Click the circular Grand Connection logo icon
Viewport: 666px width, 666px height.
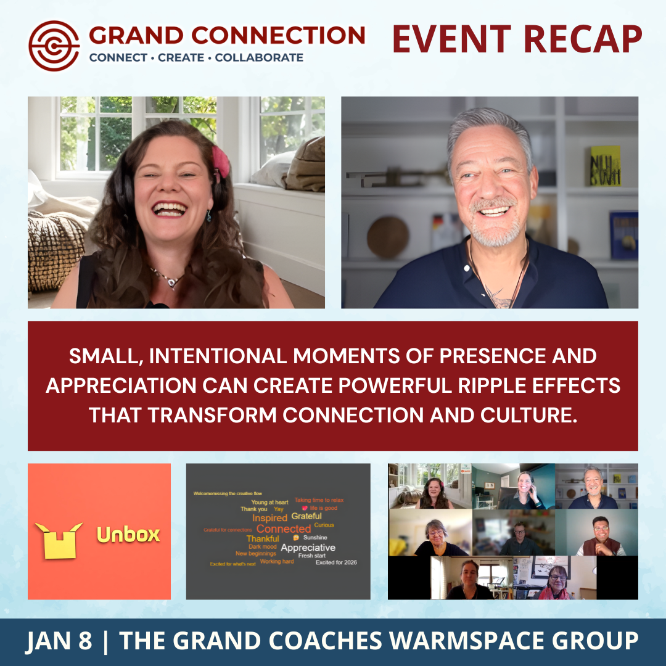pyautogui.click(x=54, y=45)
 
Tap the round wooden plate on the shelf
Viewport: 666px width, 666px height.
pyautogui.click(x=388, y=237)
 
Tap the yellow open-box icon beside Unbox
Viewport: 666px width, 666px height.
pyautogui.click(x=59, y=539)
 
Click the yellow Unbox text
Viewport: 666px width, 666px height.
pyautogui.click(x=128, y=534)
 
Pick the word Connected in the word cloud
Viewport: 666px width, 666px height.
pyautogui.click(x=284, y=528)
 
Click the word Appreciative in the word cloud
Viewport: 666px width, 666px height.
pyautogui.click(x=308, y=547)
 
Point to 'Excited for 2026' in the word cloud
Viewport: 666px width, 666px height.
pyautogui.click(x=336, y=562)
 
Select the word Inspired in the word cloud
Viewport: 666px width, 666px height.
pyautogui.click(x=269, y=518)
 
